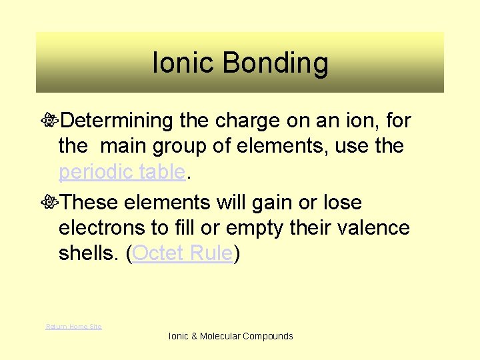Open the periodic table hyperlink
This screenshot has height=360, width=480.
[x=121, y=172]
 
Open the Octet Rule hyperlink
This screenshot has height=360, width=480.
[x=183, y=253]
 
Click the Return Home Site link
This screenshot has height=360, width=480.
[x=73, y=326]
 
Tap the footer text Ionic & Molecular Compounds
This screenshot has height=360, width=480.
[x=231, y=336]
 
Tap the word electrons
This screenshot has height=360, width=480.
[x=103, y=228]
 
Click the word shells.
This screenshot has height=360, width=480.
[x=89, y=253]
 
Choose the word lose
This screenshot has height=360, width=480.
[x=340, y=202]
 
